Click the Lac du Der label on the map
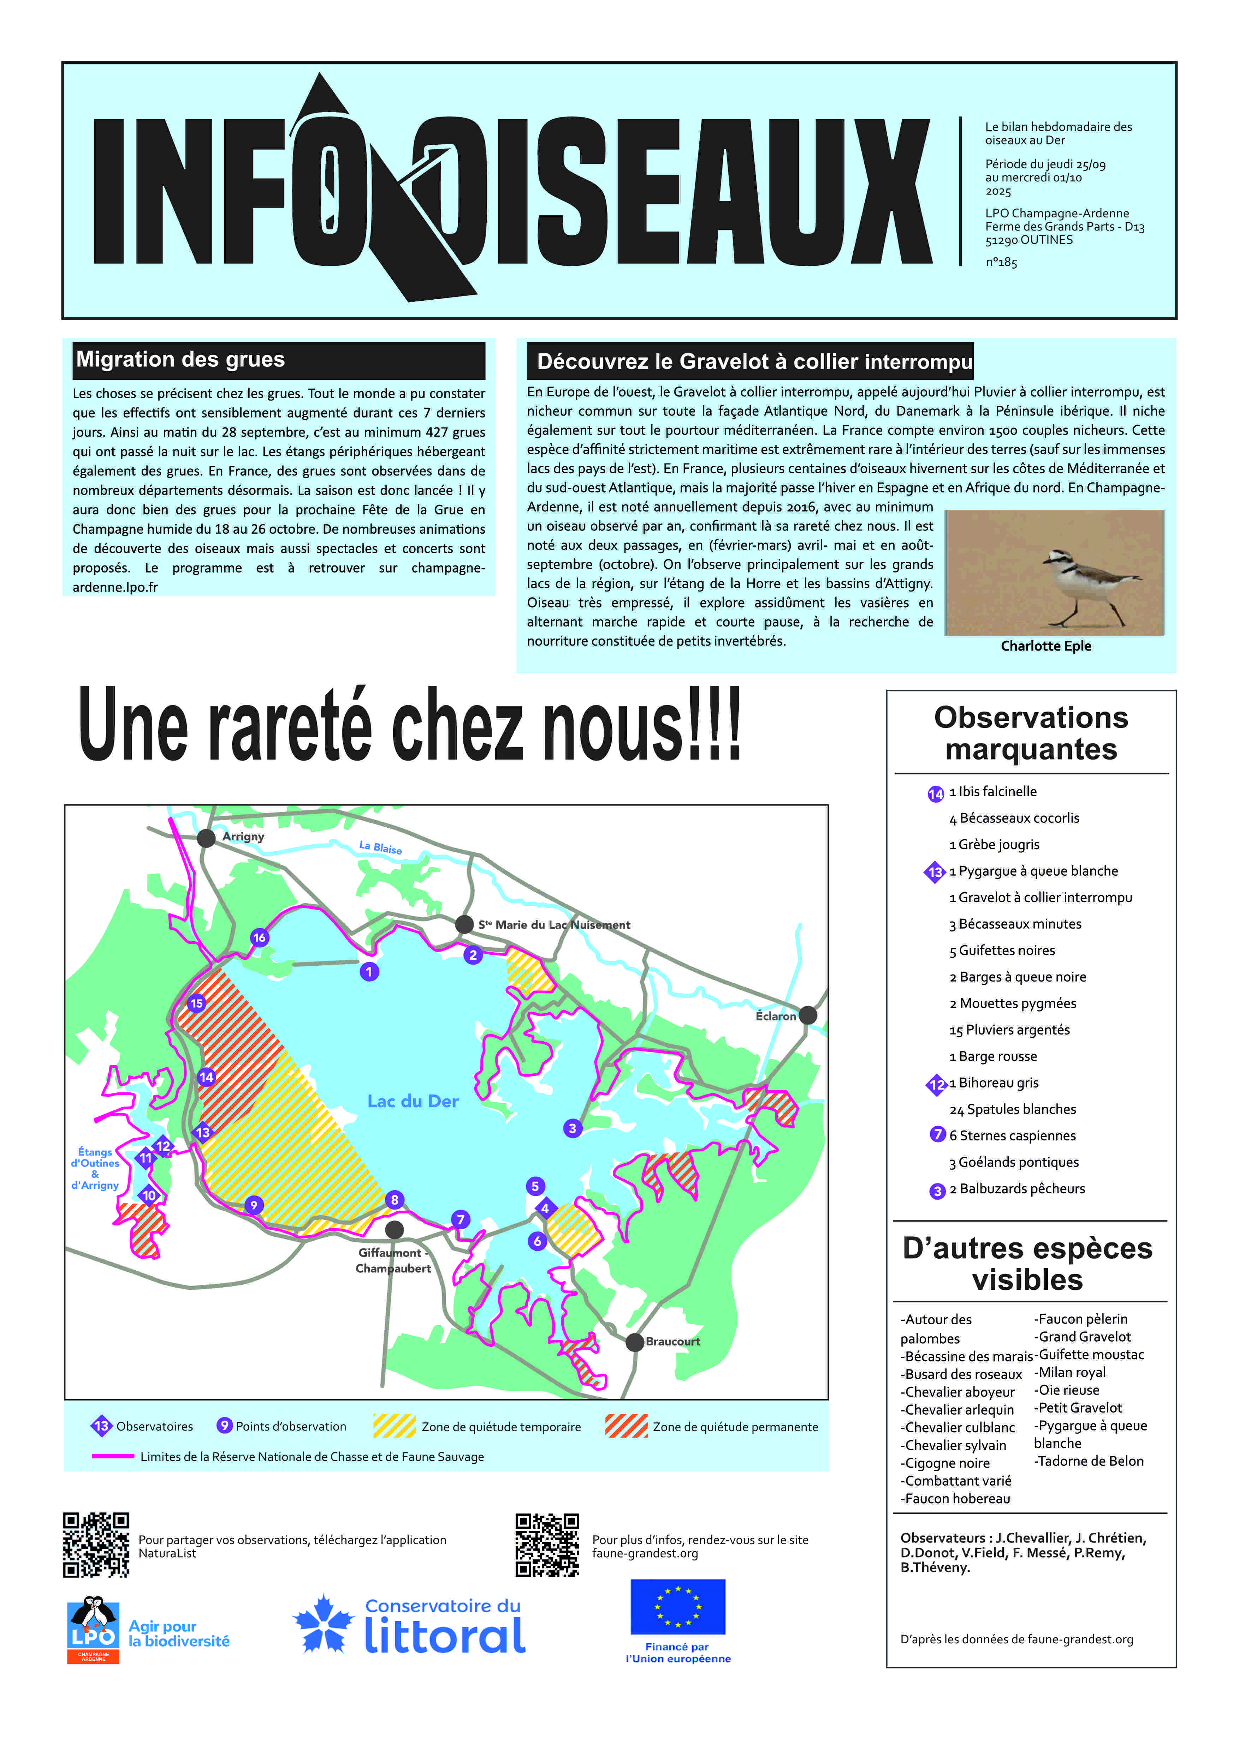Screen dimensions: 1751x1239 tap(413, 1101)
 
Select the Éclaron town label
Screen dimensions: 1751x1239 tap(775, 1016)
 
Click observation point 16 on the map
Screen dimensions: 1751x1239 tap(259, 937)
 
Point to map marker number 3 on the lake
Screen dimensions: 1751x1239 tap(572, 1128)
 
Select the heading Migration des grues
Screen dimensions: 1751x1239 tap(181, 359)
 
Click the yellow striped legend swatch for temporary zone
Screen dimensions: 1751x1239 tap(395, 1425)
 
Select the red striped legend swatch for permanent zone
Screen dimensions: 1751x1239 tap(626, 1425)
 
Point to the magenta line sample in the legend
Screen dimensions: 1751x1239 tap(113, 1456)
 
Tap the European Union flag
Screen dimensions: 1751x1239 tap(677, 1607)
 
